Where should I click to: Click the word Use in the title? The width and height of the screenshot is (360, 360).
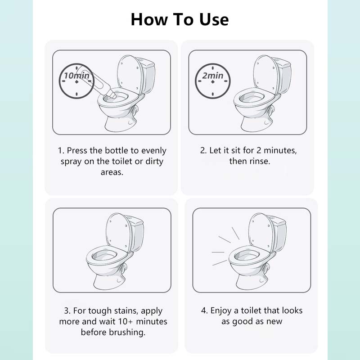214,19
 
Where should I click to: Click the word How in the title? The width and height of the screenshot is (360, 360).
149,19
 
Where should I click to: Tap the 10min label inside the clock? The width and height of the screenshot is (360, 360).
76,75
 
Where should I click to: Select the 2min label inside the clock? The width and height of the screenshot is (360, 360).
213,75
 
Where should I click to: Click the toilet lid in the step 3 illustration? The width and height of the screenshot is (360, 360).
117,232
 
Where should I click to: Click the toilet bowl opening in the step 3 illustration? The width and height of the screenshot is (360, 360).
105,255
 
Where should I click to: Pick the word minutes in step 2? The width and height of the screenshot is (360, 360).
280,150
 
